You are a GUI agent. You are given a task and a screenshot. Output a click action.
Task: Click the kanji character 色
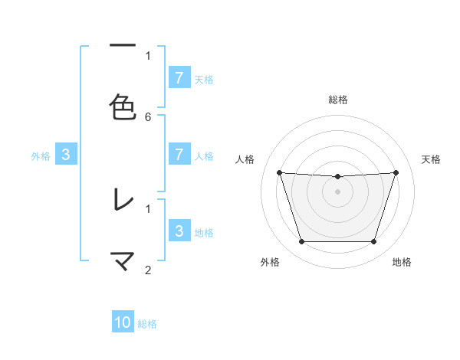tap(123, 107)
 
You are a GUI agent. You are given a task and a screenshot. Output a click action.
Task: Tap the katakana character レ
tap(123, 200)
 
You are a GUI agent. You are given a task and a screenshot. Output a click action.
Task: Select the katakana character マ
tap(123, 260)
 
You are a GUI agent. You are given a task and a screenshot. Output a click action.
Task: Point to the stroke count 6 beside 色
tap(148, 116)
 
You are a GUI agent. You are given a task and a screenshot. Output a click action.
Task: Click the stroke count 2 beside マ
tap(148, 270)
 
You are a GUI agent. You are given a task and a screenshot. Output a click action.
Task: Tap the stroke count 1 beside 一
tap(148, 55)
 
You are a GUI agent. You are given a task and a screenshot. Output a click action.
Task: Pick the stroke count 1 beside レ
tap(148, 208)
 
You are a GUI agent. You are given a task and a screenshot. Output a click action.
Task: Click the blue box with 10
tap(123, 323)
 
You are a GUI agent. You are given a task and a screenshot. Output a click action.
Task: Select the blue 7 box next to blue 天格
tap(179, 78)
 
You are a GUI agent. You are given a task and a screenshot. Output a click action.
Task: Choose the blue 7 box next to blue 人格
tap(179, 155)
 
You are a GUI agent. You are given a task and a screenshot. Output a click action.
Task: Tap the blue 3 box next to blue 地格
tap(179, 231)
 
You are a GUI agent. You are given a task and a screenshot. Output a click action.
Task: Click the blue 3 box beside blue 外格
tap(66, 155)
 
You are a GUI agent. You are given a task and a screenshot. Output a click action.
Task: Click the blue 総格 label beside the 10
tap(147, 324)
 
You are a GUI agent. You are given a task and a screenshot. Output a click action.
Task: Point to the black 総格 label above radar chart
tap(337, 100)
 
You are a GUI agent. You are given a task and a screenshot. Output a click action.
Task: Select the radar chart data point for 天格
tap(396, 172)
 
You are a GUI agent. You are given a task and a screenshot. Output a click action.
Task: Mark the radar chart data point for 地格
tap(373, 242)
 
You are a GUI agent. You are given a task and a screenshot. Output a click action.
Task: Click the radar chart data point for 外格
tap(301, 242)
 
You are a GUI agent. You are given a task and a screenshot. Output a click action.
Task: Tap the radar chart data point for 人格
tap(279, 172)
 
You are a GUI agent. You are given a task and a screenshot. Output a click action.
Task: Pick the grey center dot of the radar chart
tap(337, 191)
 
